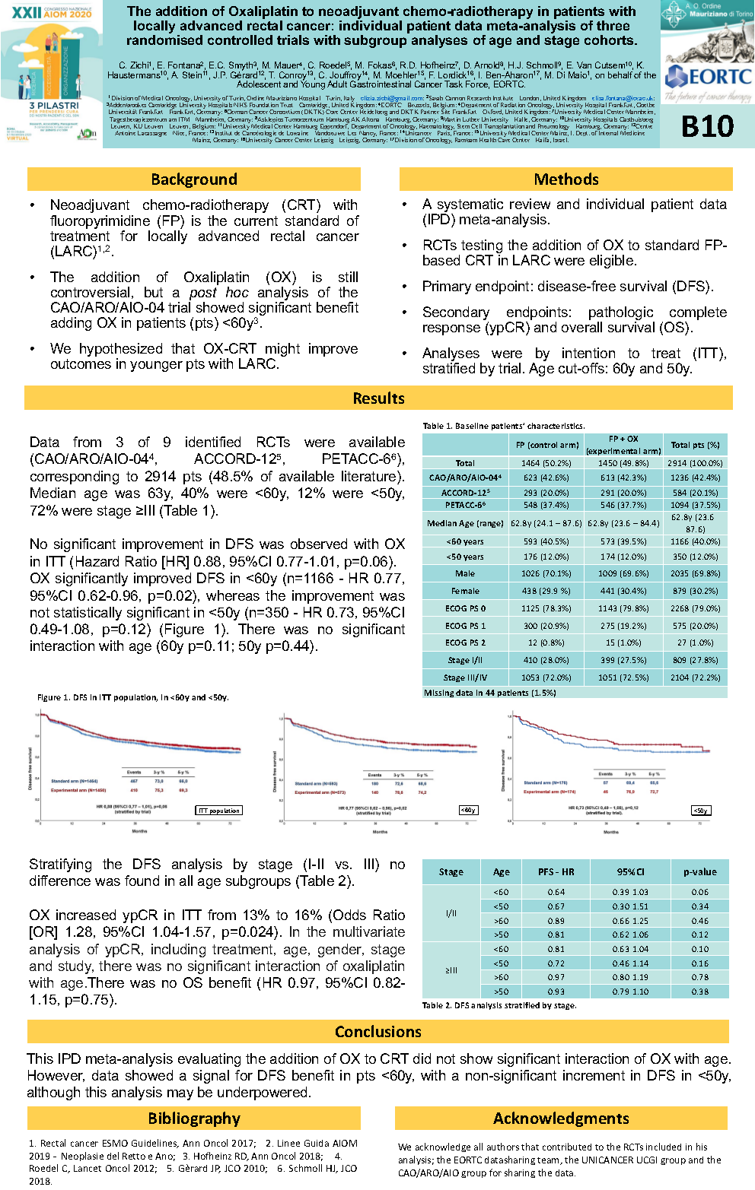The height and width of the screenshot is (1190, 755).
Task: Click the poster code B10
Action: tap(707, 126)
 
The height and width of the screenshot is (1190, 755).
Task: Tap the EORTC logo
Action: tap(708, 77)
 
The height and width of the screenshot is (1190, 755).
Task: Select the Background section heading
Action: tap(194, 179)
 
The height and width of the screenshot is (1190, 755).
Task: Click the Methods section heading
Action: tap(566, 179)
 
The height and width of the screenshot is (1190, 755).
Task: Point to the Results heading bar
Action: tap(378, 398)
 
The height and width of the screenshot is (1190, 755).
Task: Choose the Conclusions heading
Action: tap(378, 1032)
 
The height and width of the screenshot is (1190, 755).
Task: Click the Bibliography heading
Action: tap(194, 1119)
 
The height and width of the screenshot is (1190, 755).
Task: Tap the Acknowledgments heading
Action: tap(561, 1119)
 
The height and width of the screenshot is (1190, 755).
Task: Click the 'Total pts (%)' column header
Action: tap(695, 445)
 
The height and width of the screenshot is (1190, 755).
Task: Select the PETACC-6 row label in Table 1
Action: tap(465, 505)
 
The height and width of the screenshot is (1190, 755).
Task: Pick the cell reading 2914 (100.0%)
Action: tap(695, 463)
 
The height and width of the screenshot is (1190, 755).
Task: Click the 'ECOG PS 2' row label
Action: tap(465, 643)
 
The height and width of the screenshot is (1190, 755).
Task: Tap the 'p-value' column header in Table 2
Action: tap(699, 872)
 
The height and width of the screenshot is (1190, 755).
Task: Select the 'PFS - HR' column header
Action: tap(556, 872)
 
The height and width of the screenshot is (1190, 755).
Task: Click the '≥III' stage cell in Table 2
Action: tap(451, 970)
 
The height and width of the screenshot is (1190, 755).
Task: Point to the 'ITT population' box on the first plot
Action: tap(219, 811)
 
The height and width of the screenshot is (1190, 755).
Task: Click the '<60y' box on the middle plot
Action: tap(468, 811)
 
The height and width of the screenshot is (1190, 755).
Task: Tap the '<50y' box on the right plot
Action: tap(700, 811)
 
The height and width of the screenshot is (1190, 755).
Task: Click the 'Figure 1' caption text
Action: tap(132, 697)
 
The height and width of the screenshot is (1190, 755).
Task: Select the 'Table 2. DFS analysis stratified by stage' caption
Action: tap(499, 1005)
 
